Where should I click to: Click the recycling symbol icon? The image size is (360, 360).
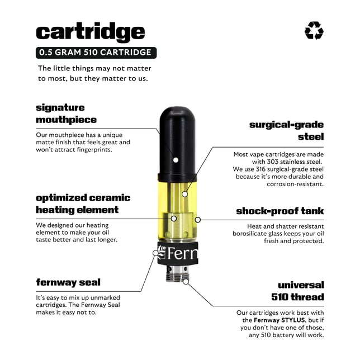click(x=314, y=31)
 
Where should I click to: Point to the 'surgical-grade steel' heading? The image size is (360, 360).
click(x=286, y=130)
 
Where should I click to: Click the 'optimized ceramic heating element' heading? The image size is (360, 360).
click(x=83, y=203)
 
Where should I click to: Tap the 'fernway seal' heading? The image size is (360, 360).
click(x=68, y=282)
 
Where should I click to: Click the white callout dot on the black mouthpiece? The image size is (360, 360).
click(x=176, y=160)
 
